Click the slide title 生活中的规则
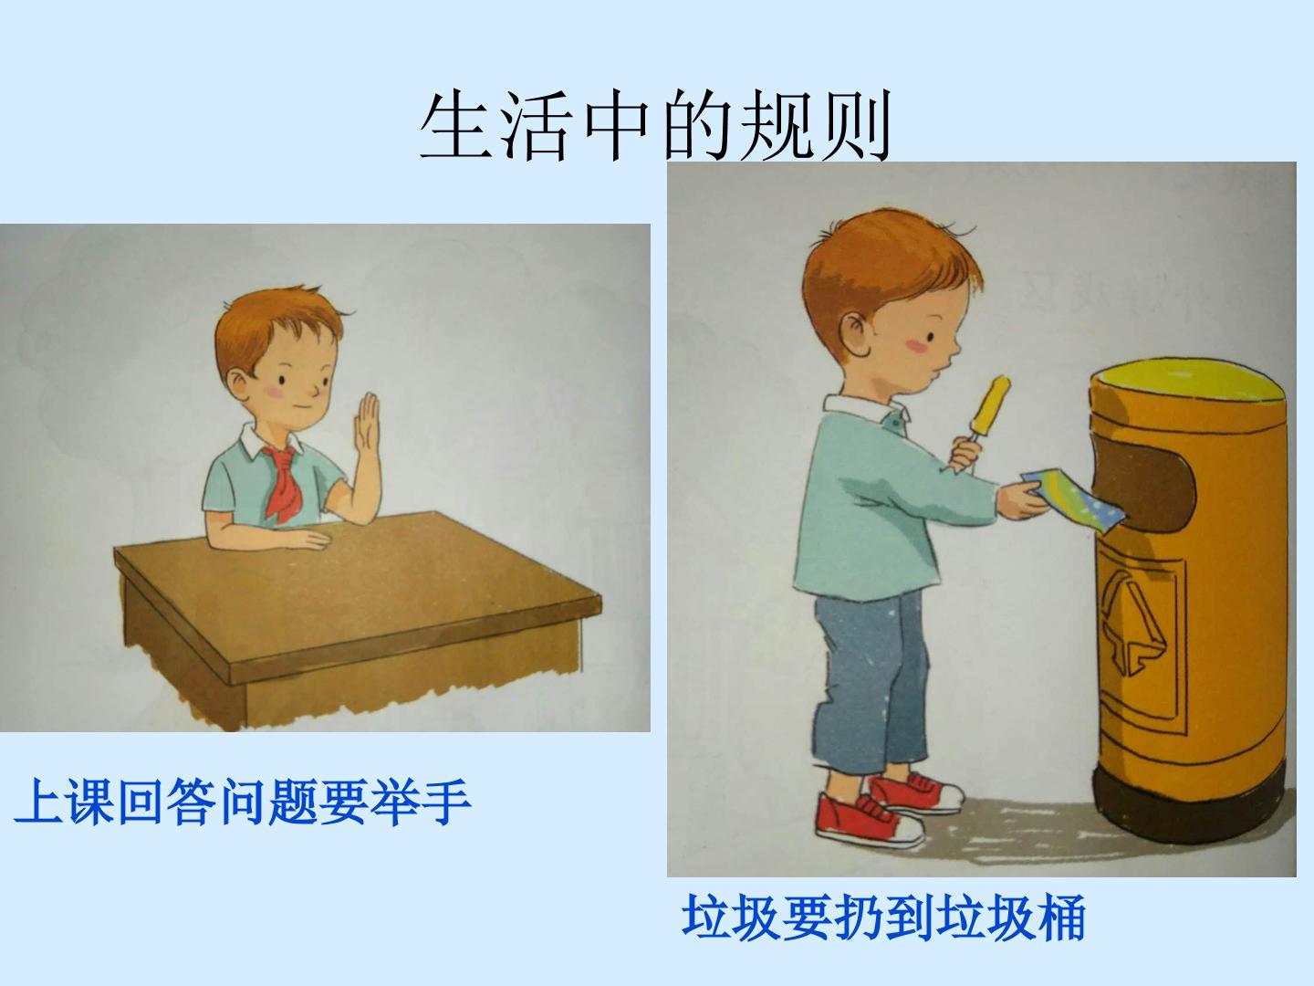pos(655,126)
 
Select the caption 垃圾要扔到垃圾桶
pos(883,918)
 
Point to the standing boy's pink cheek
pos(916,345)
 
